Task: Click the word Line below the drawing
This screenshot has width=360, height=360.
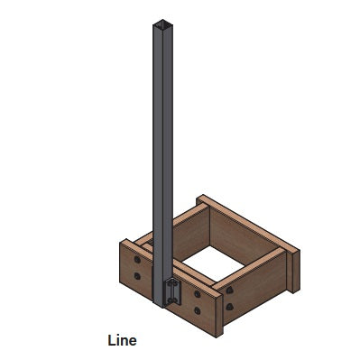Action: coord(122,340)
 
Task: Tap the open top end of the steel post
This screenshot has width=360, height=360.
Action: coord(161,23)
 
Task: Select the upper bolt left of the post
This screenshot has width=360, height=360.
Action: coord(136,258)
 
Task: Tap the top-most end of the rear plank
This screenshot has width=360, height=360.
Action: coord(200,198)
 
